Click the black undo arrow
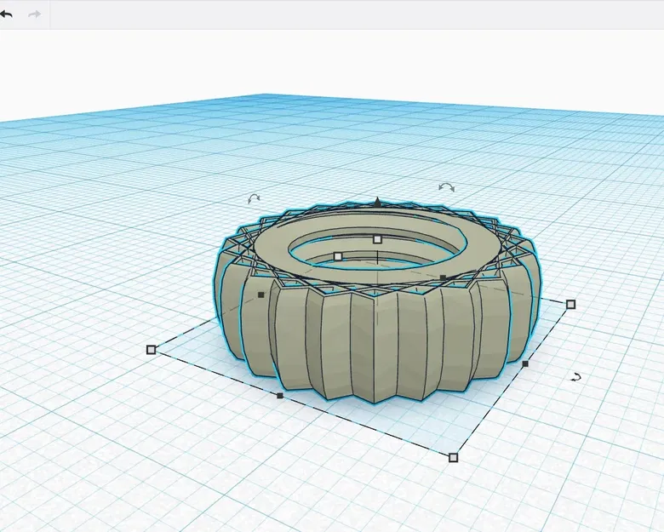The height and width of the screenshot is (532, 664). click(7, 14)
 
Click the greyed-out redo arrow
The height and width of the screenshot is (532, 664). click(35, 14)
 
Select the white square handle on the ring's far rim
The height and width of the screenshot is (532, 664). click(377, 239)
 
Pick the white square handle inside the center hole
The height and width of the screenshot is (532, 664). click(338, 256)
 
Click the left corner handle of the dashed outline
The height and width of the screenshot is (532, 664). click(152, 349)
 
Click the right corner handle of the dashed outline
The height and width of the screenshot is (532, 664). click(570, 304)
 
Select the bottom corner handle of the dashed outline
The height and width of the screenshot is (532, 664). click(453, 457)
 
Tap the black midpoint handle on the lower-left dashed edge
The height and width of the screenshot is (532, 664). click(280, 396)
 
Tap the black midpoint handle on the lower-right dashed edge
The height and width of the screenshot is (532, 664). click(525, 363)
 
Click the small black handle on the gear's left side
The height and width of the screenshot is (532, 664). click(261, 295)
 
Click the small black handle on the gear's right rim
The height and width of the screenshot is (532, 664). click(443, 277)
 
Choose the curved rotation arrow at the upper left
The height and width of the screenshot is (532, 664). click(254, 198)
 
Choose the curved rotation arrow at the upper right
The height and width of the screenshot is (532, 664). click(446, 186)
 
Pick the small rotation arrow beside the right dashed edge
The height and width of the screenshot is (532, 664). click(576, 376)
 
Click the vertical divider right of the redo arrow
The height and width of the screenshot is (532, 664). click(50, 14)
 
